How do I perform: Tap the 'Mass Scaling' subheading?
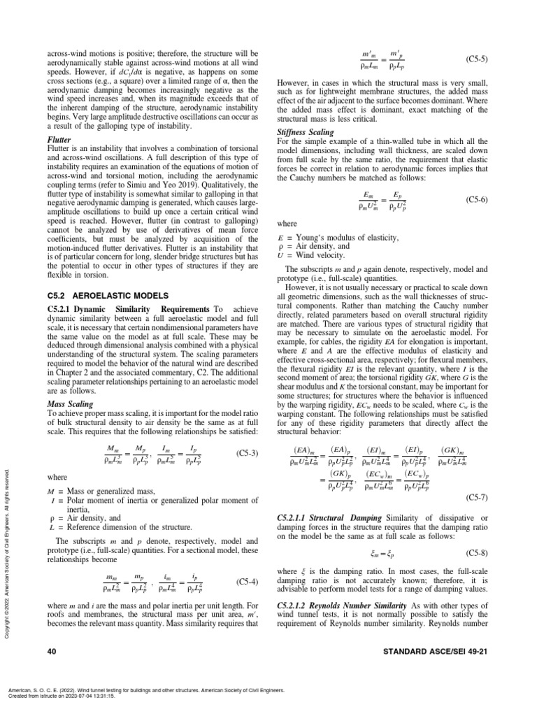[71, 404]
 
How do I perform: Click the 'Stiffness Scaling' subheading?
[307, 132]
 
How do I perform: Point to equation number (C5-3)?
[248, 453]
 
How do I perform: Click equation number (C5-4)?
[248, 581]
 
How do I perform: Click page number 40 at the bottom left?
[51, 652]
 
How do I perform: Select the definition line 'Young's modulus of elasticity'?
[344, 238]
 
